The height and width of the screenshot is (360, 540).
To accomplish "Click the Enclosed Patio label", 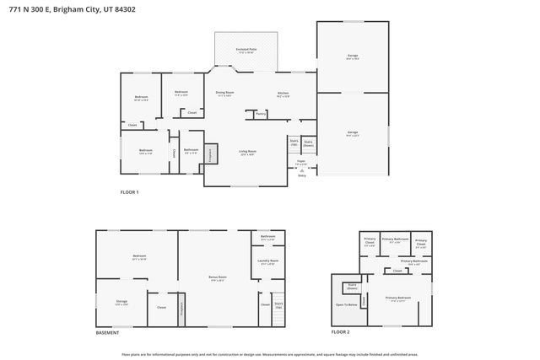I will [246, 51].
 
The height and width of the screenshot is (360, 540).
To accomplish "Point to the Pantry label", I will [261, 113].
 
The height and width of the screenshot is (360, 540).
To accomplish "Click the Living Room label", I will [247, 152].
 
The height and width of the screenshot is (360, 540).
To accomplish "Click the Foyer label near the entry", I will [300, 160].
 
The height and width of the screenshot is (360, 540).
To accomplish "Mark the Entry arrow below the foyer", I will [302, 175].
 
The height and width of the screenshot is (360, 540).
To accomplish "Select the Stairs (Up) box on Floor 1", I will [294, 142].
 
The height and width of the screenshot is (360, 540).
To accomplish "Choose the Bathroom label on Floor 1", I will [192, 153].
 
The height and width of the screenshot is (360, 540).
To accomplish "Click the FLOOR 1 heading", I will [129, 192].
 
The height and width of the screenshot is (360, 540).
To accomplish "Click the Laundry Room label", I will [267, 262].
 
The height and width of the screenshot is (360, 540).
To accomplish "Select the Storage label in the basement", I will [121, 302].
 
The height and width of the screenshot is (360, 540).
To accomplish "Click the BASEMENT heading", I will [107, 333].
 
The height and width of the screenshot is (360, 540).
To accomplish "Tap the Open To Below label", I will [347, 304].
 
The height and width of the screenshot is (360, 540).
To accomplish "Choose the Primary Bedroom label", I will [398, 298].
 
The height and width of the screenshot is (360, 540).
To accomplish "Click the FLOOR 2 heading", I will [340, 333].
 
